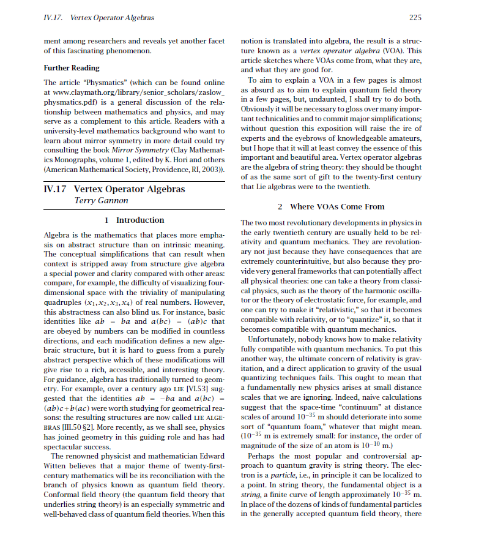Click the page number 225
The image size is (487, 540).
(x=415, y=18)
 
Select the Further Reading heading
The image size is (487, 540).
(x=72, y=68)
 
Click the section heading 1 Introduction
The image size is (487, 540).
(x=135, y=220)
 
